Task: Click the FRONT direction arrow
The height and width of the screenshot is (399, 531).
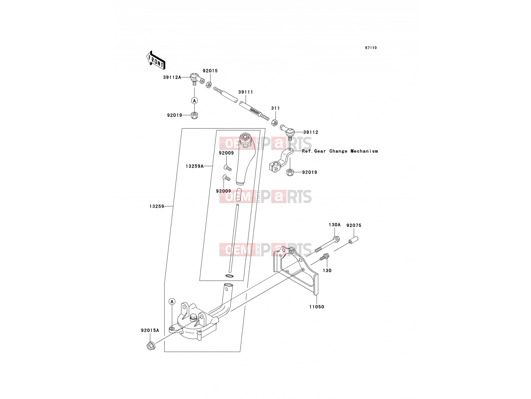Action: (x=156, y=60)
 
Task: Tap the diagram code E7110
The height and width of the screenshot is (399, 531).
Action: (x=371, y=48)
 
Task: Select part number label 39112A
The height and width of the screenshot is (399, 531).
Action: (x=172, y=77)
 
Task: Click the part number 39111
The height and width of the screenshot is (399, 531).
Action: (x=246, y=92)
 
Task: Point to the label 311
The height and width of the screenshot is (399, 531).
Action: (x=275, y=108)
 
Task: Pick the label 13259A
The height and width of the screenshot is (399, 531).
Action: (x=194, y=166)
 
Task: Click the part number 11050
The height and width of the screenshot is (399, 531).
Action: (x=317, y=307)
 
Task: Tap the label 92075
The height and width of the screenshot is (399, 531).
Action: (x=354, y=225)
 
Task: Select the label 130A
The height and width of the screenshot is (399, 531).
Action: (x=335, y=225)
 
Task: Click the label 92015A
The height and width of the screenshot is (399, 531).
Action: (x=150, y=330)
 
